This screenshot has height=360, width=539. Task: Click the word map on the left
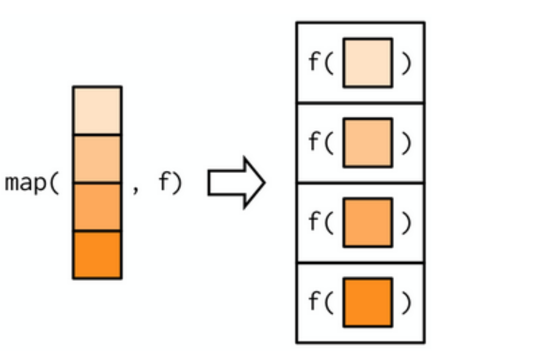click(26, 183)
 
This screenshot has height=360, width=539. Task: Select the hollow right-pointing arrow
click(236, 183)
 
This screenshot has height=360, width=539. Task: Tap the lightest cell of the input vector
click(98, 110)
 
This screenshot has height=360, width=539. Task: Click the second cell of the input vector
click(98, 159)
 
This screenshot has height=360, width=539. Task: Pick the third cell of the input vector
click(98, 207)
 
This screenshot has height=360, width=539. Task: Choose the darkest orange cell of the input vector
click(98, 254)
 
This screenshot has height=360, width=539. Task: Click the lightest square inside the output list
click(368, 63)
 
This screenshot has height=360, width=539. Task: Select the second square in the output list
click(368, 142)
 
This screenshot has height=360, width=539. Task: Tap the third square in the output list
click(368, 223)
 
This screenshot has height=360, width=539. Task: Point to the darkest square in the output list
click(368, 302)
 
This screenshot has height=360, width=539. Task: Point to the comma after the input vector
click(135, 189)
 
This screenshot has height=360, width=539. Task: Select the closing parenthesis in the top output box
click(406, 63)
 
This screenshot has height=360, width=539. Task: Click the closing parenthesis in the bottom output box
click(406, 303)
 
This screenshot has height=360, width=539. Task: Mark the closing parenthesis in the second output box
click(406, 143)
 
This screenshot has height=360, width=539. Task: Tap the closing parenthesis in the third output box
click(406, 223)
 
